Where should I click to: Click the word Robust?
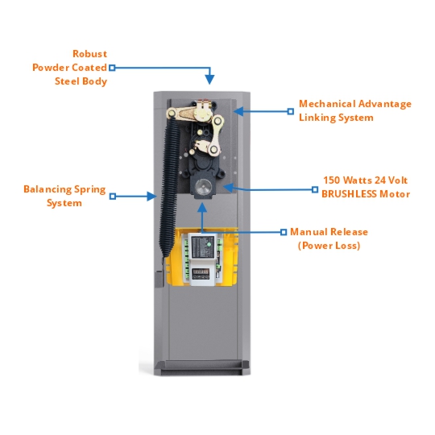point(89,54)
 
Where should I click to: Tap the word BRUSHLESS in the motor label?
point(349,194)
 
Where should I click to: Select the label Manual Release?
point(329,232)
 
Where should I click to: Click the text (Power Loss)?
point(329,246)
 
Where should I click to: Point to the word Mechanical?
point(327,104)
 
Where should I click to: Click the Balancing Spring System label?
point(64,196)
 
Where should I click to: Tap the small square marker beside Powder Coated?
point(112,68)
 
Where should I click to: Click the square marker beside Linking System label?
point(291,111)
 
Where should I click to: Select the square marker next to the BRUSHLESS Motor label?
point(315,189)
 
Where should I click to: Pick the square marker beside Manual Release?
point(284,232)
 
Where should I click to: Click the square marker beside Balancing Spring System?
point(112,197)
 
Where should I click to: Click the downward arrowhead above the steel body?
point(209,80)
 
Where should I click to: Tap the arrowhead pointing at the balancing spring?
point(152,197)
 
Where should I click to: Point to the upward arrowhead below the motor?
point(202,208)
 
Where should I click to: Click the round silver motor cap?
point(203,186)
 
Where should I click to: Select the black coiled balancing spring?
point(169,186)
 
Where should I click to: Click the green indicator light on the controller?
point(209,244)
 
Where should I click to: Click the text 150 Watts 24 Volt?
point(366,180)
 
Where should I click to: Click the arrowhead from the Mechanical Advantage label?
point(238,111)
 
